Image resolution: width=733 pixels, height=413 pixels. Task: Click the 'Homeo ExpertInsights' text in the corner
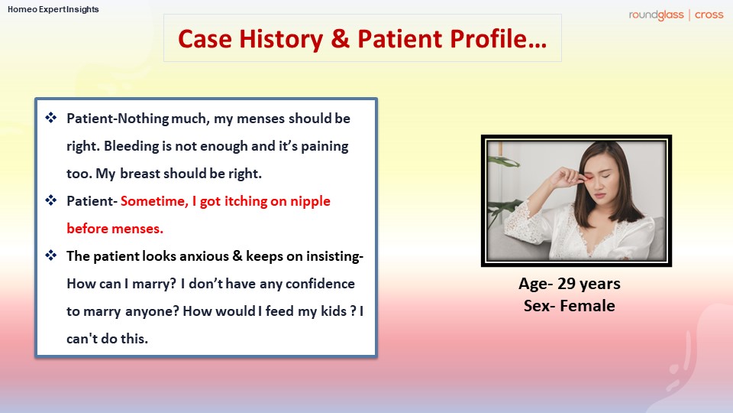point(53,9)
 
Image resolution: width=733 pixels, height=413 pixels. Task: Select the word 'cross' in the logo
point(709,15)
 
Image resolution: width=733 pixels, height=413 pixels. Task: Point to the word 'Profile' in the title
point(488,38)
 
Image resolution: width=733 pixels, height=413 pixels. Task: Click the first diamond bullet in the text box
point(51,119)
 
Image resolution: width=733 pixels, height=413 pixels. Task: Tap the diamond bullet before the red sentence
point(51,201)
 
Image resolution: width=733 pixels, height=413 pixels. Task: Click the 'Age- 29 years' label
point(569,284)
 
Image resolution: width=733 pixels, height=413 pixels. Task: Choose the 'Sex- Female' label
point(569,306)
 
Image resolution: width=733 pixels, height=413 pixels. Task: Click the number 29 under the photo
point(568,284)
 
